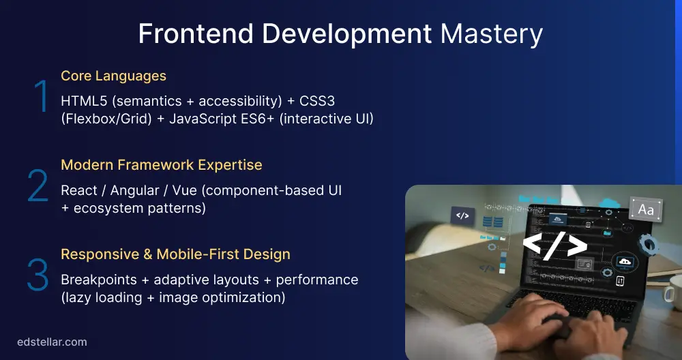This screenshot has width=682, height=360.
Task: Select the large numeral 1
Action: tap(41, 97)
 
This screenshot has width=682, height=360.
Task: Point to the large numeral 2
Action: tap(38, 186)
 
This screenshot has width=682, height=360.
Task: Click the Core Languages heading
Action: tap(113, 76)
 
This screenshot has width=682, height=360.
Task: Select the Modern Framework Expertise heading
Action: tap(162, 165)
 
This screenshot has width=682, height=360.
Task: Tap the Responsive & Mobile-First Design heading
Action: tap(175, 254)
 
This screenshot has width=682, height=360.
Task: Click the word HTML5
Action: tap(83, 101)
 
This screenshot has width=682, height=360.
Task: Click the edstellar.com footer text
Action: tap(52, 342)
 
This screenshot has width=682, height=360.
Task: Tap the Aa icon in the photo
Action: tap(645, 209)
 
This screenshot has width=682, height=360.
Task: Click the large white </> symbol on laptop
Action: tap(554, 245)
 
